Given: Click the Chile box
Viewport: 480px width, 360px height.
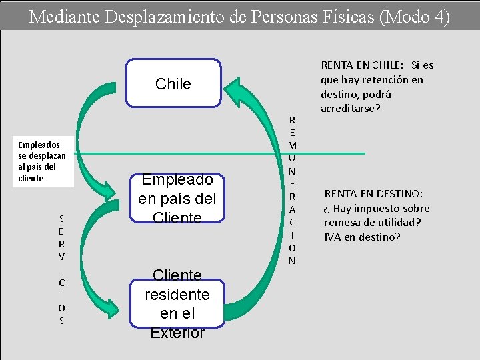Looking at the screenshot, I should (173, 83).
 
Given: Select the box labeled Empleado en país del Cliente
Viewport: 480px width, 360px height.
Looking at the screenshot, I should (177, 199).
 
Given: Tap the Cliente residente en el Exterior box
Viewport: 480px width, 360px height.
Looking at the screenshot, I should (177, 303).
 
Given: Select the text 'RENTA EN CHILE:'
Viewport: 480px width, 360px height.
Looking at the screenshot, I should (362, 65).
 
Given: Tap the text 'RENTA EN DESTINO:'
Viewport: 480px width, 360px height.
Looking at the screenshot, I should (373, 194).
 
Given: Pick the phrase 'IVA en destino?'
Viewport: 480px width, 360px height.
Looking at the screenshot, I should (362, 237).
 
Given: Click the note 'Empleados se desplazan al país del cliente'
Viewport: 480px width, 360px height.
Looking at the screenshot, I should (39, 161).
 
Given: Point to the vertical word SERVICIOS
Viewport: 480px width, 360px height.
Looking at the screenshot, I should (61, 269).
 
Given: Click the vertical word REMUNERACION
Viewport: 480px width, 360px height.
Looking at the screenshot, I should (291, 190).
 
